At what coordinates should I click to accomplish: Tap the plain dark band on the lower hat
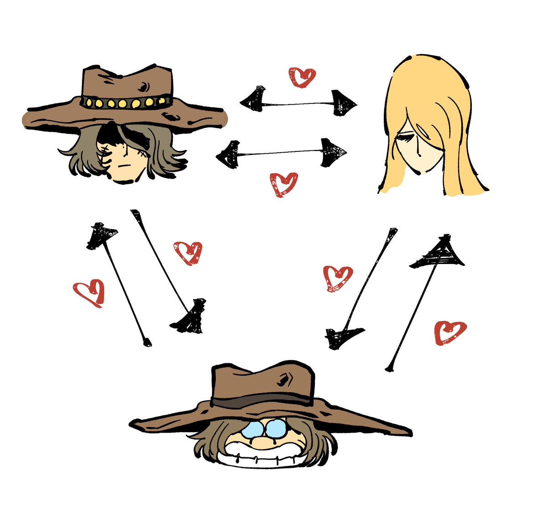coord(262,402)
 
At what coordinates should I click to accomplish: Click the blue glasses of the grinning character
coord(264,429)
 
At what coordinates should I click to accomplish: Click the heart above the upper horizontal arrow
coord(302,77)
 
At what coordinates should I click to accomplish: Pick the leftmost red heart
coord(89,292)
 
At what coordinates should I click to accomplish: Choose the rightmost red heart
coord(450,331)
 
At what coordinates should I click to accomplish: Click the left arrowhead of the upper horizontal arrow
coord(253,98)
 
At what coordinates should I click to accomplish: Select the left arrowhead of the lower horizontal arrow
coord(229,155)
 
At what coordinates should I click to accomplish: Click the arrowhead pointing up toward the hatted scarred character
coord(101,235)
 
